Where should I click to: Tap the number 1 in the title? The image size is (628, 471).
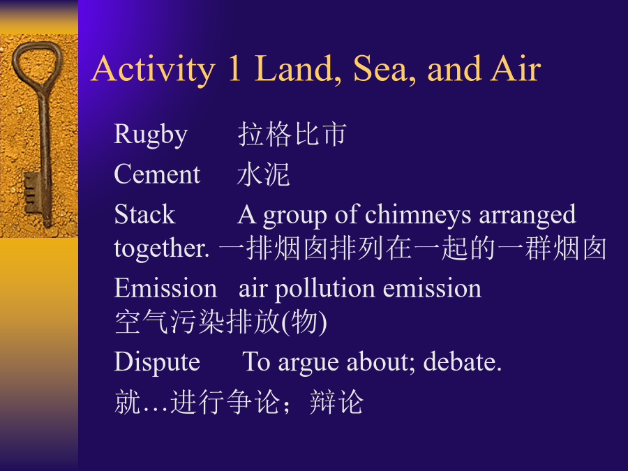click(x=234, y=68)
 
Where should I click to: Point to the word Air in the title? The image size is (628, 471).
click(x=516, y=68)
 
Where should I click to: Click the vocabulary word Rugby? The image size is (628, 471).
click(x=151, y=135)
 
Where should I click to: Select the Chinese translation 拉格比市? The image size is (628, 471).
click(x=292, y=134)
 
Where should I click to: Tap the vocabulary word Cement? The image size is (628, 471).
click(x=157, y=174)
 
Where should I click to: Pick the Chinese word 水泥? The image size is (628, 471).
click(x=263, y=174)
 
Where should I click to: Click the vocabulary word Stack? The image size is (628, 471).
click(x=144, y=214)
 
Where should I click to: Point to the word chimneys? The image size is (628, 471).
click(x=418, y=216)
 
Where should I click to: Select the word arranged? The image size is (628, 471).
click(x=528, y=216)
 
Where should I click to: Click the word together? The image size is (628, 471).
click(x=161, y=248)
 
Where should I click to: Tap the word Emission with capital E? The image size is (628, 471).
click(x=165, y=287)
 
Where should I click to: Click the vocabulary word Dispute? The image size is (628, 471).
click(x=157, y=362)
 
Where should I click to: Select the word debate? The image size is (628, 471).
click(x=462, y=361)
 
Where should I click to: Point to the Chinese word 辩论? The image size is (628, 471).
click(x=336, y=402)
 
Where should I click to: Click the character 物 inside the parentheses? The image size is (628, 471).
click(x=304, y=322)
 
